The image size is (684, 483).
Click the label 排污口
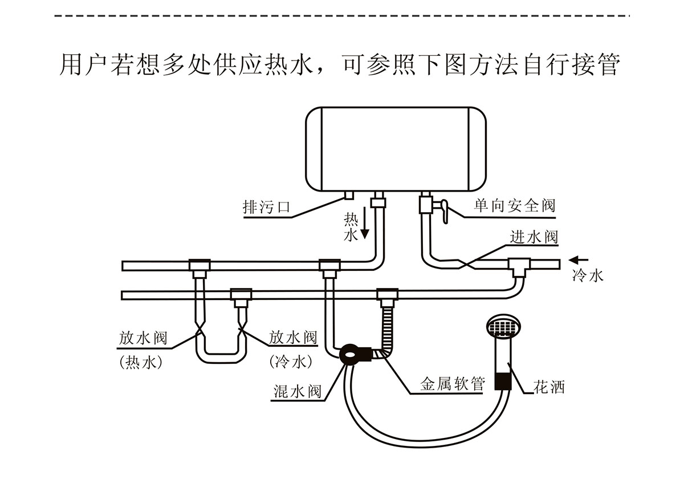coord(266,208)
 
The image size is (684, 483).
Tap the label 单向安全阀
coord(514,206)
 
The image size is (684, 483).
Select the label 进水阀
coord(534,237)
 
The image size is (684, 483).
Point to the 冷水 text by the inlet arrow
coord(587,277)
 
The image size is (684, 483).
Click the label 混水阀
coord(298,392)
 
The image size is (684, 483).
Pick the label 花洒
coord(549,388)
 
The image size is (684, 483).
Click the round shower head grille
coord(504,327)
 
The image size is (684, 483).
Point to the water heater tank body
coord(396,148)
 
